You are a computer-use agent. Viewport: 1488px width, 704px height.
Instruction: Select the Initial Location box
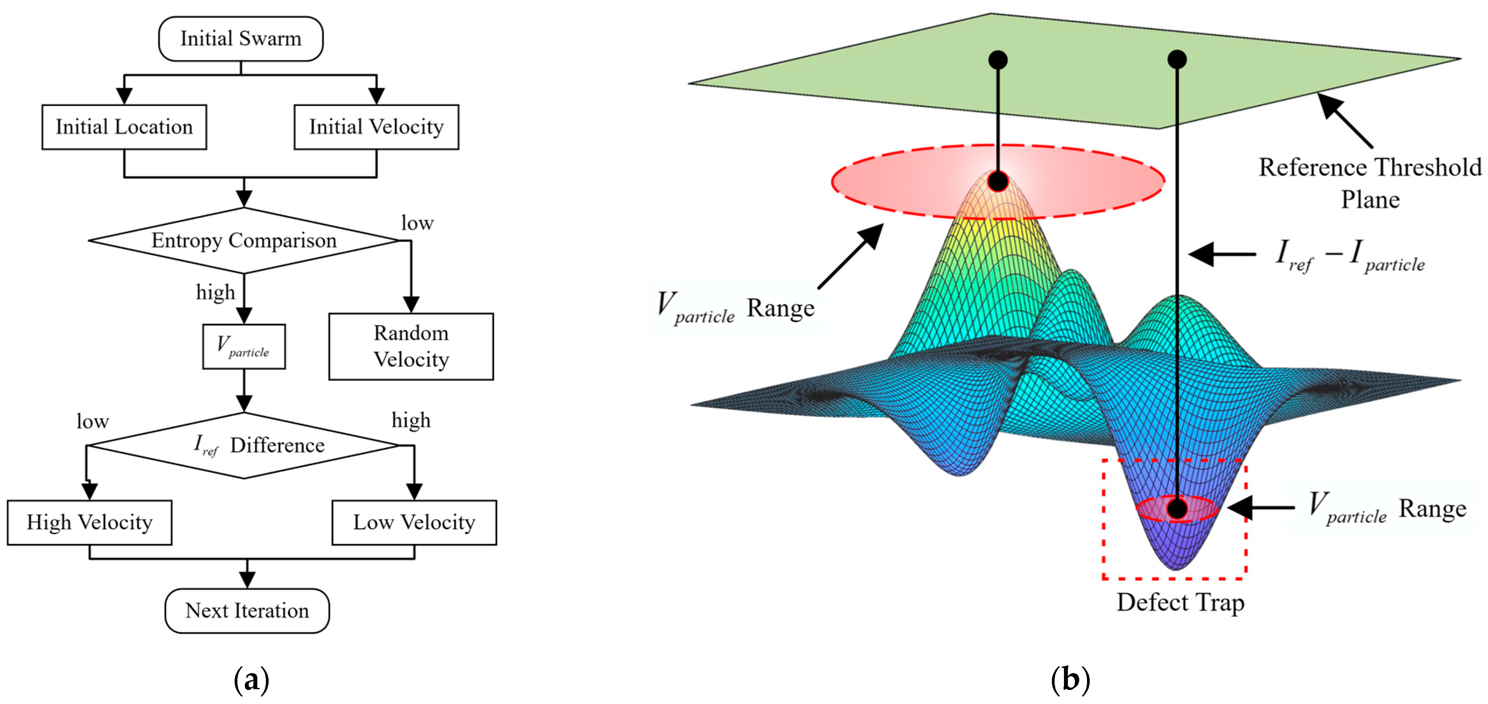click(x=124, y=127)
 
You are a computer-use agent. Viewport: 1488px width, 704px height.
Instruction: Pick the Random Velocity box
click(x=411, y=347)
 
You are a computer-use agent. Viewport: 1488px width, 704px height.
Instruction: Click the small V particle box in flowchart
click(x=244, y=347)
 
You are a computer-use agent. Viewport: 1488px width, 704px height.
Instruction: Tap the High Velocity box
click(x=89, y=523)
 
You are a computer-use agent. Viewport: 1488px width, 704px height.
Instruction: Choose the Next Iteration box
click(x=247, y=610)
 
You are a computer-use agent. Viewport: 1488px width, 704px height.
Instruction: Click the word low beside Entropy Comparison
click(x=417, y=223)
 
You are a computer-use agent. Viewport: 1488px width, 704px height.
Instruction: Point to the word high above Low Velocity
click(x=411, y=420)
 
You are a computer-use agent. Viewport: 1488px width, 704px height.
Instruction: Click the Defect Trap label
click(x=1180, y=603)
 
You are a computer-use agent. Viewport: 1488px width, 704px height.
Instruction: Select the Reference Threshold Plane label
click(x=1370, y=183)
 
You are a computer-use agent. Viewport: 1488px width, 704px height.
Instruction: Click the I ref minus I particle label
click(x=1350, y=255)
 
